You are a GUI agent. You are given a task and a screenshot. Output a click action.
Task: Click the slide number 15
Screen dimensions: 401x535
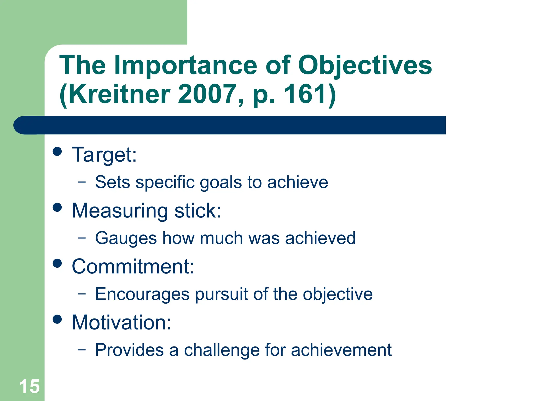[x=29, y=386]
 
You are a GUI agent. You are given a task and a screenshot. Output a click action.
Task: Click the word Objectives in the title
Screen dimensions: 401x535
[x=365, y=65]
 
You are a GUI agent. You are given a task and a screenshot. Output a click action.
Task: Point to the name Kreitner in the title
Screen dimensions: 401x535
[x=119, y=94]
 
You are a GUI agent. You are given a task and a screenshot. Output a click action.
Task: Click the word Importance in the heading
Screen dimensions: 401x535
[x=186, y=65]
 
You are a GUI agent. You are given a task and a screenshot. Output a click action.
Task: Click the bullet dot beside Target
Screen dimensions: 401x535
[x=57, y=151]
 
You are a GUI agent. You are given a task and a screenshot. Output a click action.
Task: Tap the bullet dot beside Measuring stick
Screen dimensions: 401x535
[x=57, y=207]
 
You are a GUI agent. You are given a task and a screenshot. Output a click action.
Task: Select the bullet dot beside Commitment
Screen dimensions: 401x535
[x=57, y=263]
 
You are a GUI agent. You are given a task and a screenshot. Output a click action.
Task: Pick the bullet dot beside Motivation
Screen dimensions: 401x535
[x=57, y=319]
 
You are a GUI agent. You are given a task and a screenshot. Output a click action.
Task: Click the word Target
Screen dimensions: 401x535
[x=104, y=155]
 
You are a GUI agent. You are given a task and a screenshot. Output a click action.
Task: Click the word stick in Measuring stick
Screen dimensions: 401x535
[x=197, y=211]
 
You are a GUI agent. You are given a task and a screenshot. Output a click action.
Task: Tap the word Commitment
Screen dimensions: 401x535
[x=133, y=267]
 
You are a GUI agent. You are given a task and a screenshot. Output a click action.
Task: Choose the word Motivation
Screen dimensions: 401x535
[x=121, y=323]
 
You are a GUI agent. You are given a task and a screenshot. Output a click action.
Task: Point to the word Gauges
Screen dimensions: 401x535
[x=126, y=238]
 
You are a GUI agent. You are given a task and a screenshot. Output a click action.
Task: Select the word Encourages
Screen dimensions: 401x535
[x=142, y=294]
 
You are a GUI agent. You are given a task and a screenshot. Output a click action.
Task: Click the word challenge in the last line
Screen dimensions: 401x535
[x=222, y=350]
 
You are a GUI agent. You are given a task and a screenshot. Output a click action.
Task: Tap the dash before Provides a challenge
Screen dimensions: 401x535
[x=82, y=350]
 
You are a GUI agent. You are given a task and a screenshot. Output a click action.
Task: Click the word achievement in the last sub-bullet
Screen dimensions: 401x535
[x=341, y=350]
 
